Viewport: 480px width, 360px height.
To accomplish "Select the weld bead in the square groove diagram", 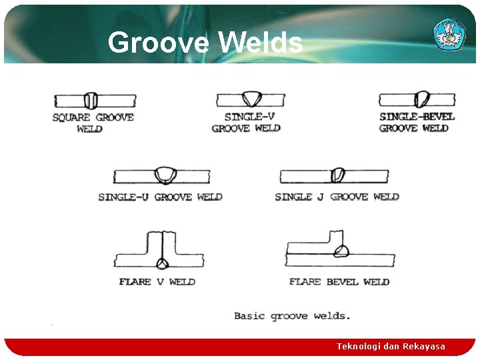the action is pos(91,101).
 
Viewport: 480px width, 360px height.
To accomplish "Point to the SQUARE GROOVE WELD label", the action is pos(93,123).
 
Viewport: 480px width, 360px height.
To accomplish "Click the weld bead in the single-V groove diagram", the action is pos(253,99).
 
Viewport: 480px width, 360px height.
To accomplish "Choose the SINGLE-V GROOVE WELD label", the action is pos(246,123).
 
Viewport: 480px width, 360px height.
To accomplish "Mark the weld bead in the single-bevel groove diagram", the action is pos(422,99).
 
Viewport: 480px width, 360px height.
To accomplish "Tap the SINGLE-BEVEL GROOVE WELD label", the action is pos(416,122).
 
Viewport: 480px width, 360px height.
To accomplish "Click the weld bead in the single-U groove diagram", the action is pos(164,175).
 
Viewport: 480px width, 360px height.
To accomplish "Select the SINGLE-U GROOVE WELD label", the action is pos(160,197).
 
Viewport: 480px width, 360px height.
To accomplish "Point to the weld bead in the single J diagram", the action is pos(338,175).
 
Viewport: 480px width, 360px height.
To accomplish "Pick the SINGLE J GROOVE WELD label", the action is pos(337,197).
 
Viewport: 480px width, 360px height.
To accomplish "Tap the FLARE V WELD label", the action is pos(157,282).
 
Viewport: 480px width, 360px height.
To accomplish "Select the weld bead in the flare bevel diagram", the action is pos(343,251).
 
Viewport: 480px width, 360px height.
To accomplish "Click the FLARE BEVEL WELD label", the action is pos(339,282).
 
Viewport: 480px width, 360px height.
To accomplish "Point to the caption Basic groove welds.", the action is pos(292,316).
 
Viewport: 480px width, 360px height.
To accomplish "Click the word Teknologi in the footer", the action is pos(359,347).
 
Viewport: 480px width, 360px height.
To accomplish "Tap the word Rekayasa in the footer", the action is pos(423,347).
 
